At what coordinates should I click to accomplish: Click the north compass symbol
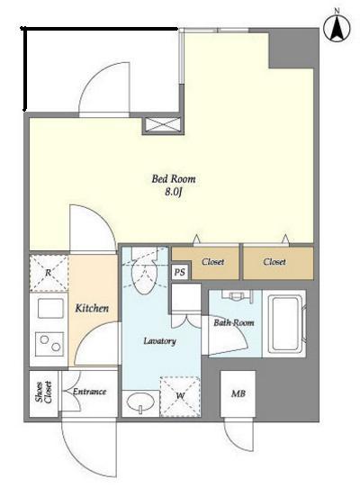337,28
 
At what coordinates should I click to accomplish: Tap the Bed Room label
174,179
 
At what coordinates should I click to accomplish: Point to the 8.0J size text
174,192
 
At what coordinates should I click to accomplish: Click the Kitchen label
92,308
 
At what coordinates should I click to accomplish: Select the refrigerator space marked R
49,273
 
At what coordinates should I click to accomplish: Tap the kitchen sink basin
50,308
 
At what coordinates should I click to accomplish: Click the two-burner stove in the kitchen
49,344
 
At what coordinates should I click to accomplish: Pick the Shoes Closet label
43,392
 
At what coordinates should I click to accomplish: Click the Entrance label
90,392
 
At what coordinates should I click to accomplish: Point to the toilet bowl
145,275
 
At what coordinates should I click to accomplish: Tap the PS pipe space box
179,272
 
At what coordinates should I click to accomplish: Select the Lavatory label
160,341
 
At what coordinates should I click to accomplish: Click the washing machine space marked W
180,396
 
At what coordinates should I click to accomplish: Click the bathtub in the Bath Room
284,323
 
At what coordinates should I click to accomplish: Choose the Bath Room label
234,322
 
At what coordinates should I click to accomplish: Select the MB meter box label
238,393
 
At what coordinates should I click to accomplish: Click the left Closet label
212,262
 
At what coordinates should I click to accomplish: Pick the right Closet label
274,262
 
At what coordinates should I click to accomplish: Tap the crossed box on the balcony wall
163,125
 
